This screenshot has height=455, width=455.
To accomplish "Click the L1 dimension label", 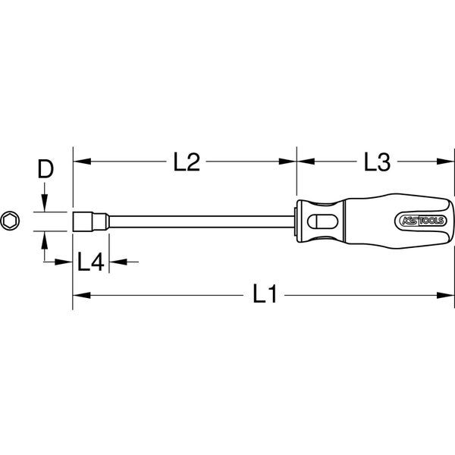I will [262, 295].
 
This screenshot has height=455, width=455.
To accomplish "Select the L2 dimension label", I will [186, 162].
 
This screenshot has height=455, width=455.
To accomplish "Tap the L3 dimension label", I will [375, 162].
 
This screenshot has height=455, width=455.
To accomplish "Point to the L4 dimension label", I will [90, 262].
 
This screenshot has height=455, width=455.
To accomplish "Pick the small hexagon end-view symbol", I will [10, 221].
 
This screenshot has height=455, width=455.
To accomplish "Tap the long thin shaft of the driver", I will [197, 221].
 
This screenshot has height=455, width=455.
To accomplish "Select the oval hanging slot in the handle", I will [318, 221].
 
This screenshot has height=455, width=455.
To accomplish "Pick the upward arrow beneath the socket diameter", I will [45, 239].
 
